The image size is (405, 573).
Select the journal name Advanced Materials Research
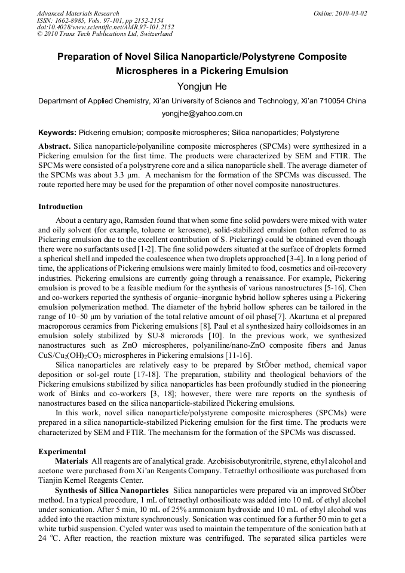(78, 13)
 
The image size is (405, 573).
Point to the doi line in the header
(106, 27)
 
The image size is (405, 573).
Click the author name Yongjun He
(202, 87)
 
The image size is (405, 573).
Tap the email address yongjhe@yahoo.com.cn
(202, 114)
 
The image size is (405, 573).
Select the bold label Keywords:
(57, 132)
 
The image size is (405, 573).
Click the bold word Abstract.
(54, 146)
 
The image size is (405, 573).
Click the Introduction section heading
(60, 207)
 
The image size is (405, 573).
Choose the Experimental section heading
(62, 452)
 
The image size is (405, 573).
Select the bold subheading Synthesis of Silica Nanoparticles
(112, 490)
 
